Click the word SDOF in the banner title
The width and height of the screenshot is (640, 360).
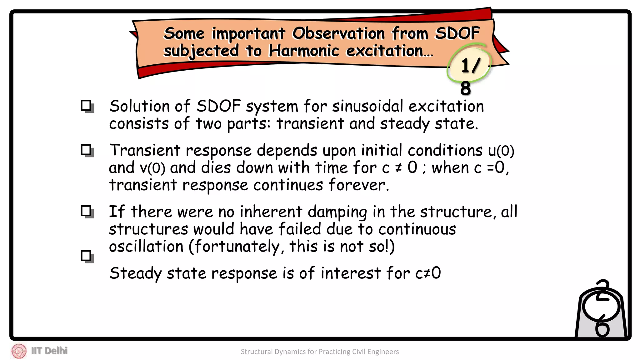tap(457, 33)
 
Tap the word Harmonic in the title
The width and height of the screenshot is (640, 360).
tap(304, 51)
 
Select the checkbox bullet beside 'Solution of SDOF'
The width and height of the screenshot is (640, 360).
tap(87, 106)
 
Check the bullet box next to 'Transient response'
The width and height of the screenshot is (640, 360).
tap(87, 150)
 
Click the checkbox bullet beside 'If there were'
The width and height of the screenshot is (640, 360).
tap(87, 212)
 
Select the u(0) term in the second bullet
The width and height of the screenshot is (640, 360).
tap(501, 151)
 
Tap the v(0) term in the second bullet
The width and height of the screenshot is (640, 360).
tap(152, 168)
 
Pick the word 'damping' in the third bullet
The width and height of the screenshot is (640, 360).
tap(337, 212)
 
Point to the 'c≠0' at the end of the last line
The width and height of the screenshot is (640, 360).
tap(428, 273)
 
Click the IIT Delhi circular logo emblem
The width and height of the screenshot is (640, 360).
tap(19, 351)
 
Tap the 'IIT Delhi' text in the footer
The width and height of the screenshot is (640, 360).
tap(49, 351)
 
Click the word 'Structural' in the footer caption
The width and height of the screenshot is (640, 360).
tap(257, 352)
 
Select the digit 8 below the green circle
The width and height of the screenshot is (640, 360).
tap(466, 88)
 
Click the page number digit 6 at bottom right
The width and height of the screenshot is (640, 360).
tap(602, 328)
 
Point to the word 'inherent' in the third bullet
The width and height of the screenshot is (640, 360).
tap(271, 212)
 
